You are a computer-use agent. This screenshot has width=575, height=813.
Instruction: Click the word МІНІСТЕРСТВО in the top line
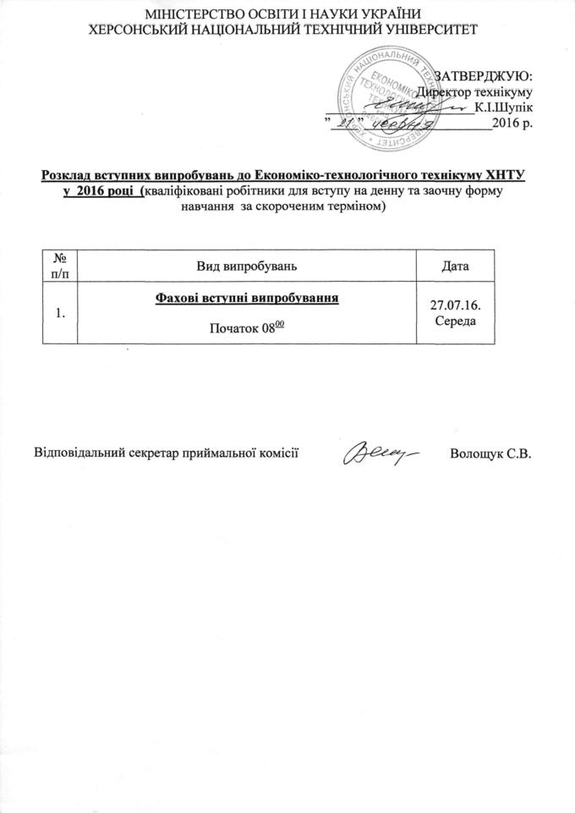(x=190, y=15)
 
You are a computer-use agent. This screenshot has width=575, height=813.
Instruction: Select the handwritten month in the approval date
(x=400, y=124)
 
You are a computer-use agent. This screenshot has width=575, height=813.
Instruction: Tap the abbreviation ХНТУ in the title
(x=503, y=176)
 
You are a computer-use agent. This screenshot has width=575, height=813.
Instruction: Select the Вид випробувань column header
(x=247, y=265)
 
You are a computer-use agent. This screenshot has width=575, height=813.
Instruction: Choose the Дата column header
(x=456, y=265)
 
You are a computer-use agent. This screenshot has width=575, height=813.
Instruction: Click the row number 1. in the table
(x=60, y=313)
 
